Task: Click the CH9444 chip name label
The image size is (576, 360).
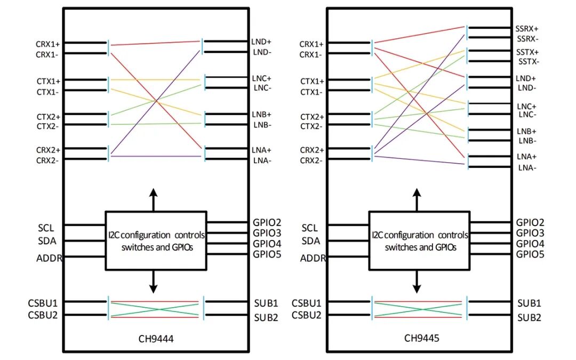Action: click(156, 338)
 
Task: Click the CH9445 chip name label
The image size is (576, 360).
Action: click(421, 338)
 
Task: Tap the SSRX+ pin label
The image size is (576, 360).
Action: click(527, 29)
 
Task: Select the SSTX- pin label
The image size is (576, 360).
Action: click(529, 61)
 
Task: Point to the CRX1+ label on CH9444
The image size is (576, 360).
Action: click(48, 44)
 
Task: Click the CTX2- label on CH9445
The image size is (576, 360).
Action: click(311, 126)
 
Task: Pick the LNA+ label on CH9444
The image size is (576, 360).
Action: click(261, 150)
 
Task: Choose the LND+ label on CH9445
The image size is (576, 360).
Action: click(526, 78)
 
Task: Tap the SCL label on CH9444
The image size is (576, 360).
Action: click(46, 228)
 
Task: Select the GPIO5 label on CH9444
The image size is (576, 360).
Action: click(267, 254)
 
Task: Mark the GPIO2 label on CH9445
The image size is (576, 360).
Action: click(530, 222)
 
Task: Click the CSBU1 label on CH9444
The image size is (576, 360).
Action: click(43, 303)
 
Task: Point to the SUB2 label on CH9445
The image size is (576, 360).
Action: click(530, 317)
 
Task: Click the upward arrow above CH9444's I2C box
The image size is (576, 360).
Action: click(153, 200)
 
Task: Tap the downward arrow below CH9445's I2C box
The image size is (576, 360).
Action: click(417, 282)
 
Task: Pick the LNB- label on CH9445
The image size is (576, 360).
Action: click(527, 141)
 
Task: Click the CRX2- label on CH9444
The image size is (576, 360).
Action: click(47, 161)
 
